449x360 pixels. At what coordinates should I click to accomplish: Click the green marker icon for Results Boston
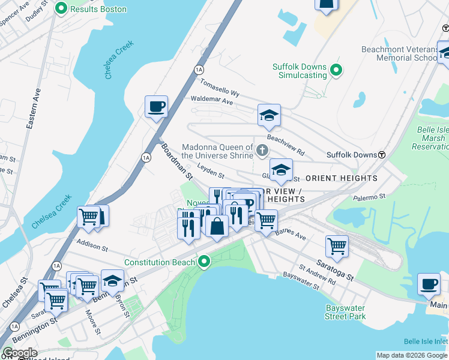click(61, 9)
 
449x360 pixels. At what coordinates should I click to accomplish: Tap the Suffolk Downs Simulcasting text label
click(300, 71)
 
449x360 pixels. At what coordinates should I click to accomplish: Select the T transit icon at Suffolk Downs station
click(381, 155)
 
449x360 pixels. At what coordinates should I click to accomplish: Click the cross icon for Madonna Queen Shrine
click(262, 149)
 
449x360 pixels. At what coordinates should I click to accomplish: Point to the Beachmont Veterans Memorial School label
click(399, 53)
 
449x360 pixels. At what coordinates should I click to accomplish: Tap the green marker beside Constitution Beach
click(205, 262)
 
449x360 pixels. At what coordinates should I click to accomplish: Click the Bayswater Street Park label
click(345, 312)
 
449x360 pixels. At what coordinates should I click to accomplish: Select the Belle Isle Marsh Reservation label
click(432, 138)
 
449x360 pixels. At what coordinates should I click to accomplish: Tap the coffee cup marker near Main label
click(429, 284)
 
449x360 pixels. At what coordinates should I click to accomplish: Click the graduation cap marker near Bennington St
click(112, 280)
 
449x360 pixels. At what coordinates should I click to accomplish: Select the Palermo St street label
click(369, 196)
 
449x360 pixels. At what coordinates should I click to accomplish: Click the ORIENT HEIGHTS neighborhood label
click(342, 178)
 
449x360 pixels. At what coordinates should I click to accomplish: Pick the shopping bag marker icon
click(217, 226)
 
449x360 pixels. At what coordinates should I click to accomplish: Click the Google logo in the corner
click(19, 353)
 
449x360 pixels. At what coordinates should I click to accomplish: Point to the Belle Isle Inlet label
click(426, 341)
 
